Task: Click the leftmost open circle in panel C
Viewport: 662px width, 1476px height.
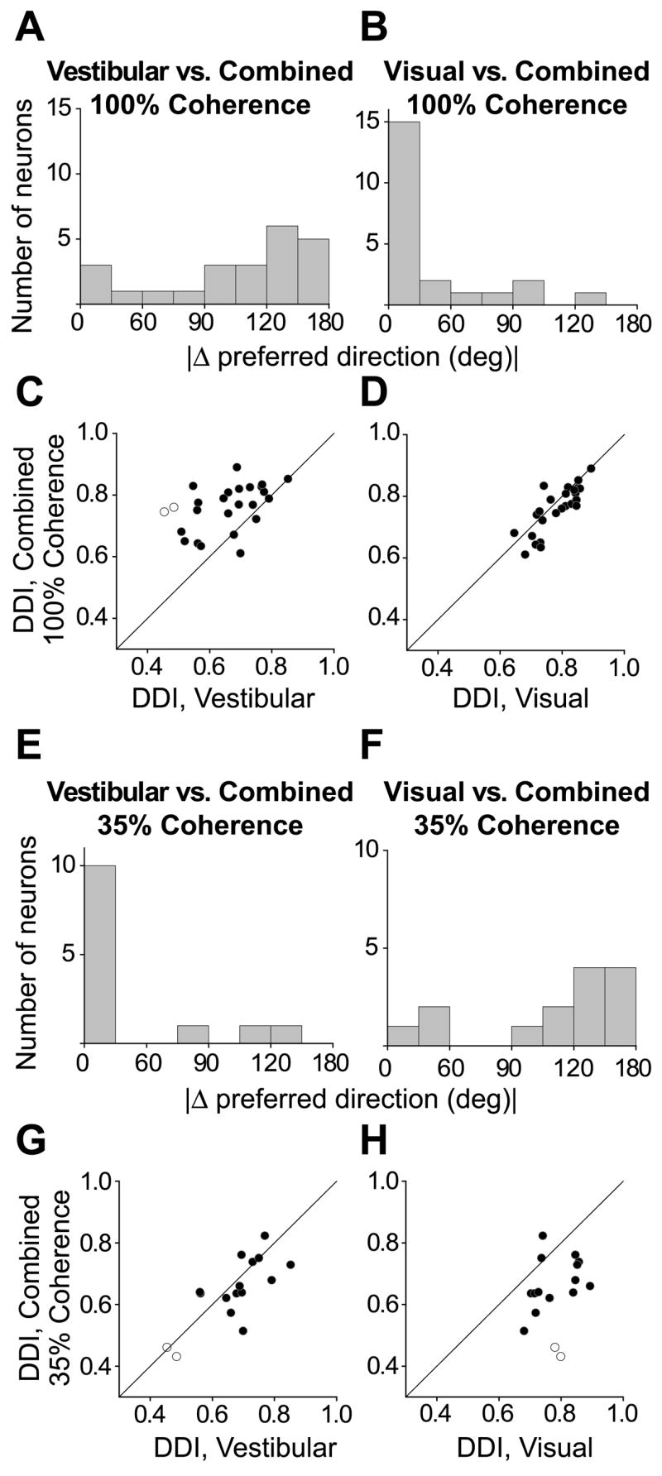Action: coord(164,511)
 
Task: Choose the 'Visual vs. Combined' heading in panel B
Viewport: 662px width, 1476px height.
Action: coord(516,72)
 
